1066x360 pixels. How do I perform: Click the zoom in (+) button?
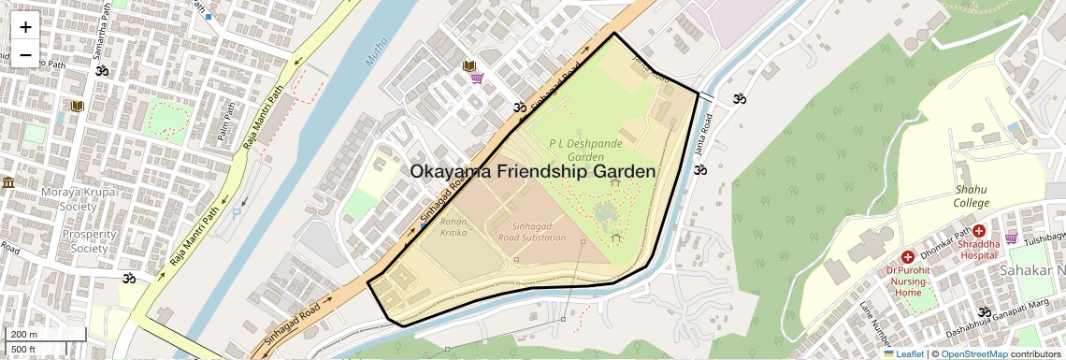coord(25,26)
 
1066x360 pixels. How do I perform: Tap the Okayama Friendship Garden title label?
coord(533,172)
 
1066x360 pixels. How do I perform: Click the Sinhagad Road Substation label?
coord(539,232)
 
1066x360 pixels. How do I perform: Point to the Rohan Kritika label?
coord(454,227)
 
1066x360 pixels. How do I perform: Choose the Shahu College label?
coord(971,196)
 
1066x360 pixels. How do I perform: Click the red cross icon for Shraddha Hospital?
coord(979,230)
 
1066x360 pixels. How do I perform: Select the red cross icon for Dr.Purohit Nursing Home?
coord(907,256)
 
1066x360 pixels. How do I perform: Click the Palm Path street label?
coord(225,121)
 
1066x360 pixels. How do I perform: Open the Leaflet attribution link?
coord(903,353)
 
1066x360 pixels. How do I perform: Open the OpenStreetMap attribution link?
coord(973,353)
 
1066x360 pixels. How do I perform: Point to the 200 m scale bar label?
coord(24,335)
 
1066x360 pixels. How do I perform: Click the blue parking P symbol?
coord(236,213)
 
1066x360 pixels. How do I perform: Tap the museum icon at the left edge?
coord(8,181)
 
